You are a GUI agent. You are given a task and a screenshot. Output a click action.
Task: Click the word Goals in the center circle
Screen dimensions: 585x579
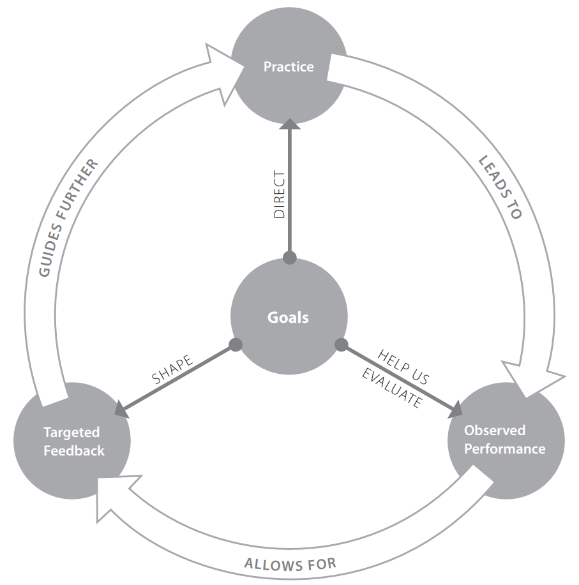point(289,317)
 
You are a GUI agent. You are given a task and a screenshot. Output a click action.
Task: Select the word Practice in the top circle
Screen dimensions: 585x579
point(289,66)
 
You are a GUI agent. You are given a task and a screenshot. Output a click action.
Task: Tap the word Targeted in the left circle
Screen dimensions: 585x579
point(71,433)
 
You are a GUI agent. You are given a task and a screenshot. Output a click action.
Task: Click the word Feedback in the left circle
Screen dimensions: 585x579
point(73,450)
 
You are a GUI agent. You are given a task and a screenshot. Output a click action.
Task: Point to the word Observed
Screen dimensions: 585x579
point(495,430)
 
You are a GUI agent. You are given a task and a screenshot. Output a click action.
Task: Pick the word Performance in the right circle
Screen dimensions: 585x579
point(504,448)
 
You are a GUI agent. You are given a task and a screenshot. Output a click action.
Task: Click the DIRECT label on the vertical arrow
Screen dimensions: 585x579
point(279,195)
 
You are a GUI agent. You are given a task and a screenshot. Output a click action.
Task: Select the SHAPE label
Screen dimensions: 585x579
point(172,370)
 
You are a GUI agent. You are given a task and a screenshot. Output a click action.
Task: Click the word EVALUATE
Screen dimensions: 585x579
point(391,389)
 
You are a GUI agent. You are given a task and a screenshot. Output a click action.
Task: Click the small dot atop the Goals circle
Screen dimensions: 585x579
point(290,258)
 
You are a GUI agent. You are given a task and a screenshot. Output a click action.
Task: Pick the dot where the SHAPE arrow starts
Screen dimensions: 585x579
point(236,345)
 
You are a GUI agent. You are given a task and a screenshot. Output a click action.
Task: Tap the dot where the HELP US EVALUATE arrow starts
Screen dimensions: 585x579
point(342,345)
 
